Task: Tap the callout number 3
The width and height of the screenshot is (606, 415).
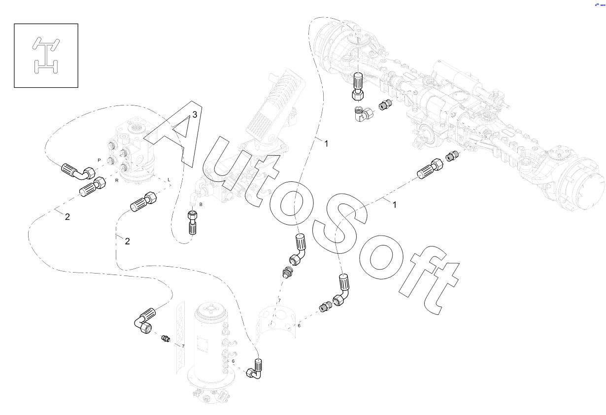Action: tap(195, 114)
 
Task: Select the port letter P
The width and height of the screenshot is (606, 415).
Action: tap(99, 161)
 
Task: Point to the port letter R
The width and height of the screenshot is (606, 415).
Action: tap(117, 181)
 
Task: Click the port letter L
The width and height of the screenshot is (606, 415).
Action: tap(169, 180)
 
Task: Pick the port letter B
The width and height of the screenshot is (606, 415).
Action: tap(201, 204)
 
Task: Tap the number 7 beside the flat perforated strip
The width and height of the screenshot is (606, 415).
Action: tap(183, 346)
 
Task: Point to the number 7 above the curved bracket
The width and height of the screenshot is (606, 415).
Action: tap(279, 300)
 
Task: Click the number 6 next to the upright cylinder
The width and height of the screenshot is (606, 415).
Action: tap(233, 361)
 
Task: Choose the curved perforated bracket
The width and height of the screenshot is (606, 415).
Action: tap(278, 323)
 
